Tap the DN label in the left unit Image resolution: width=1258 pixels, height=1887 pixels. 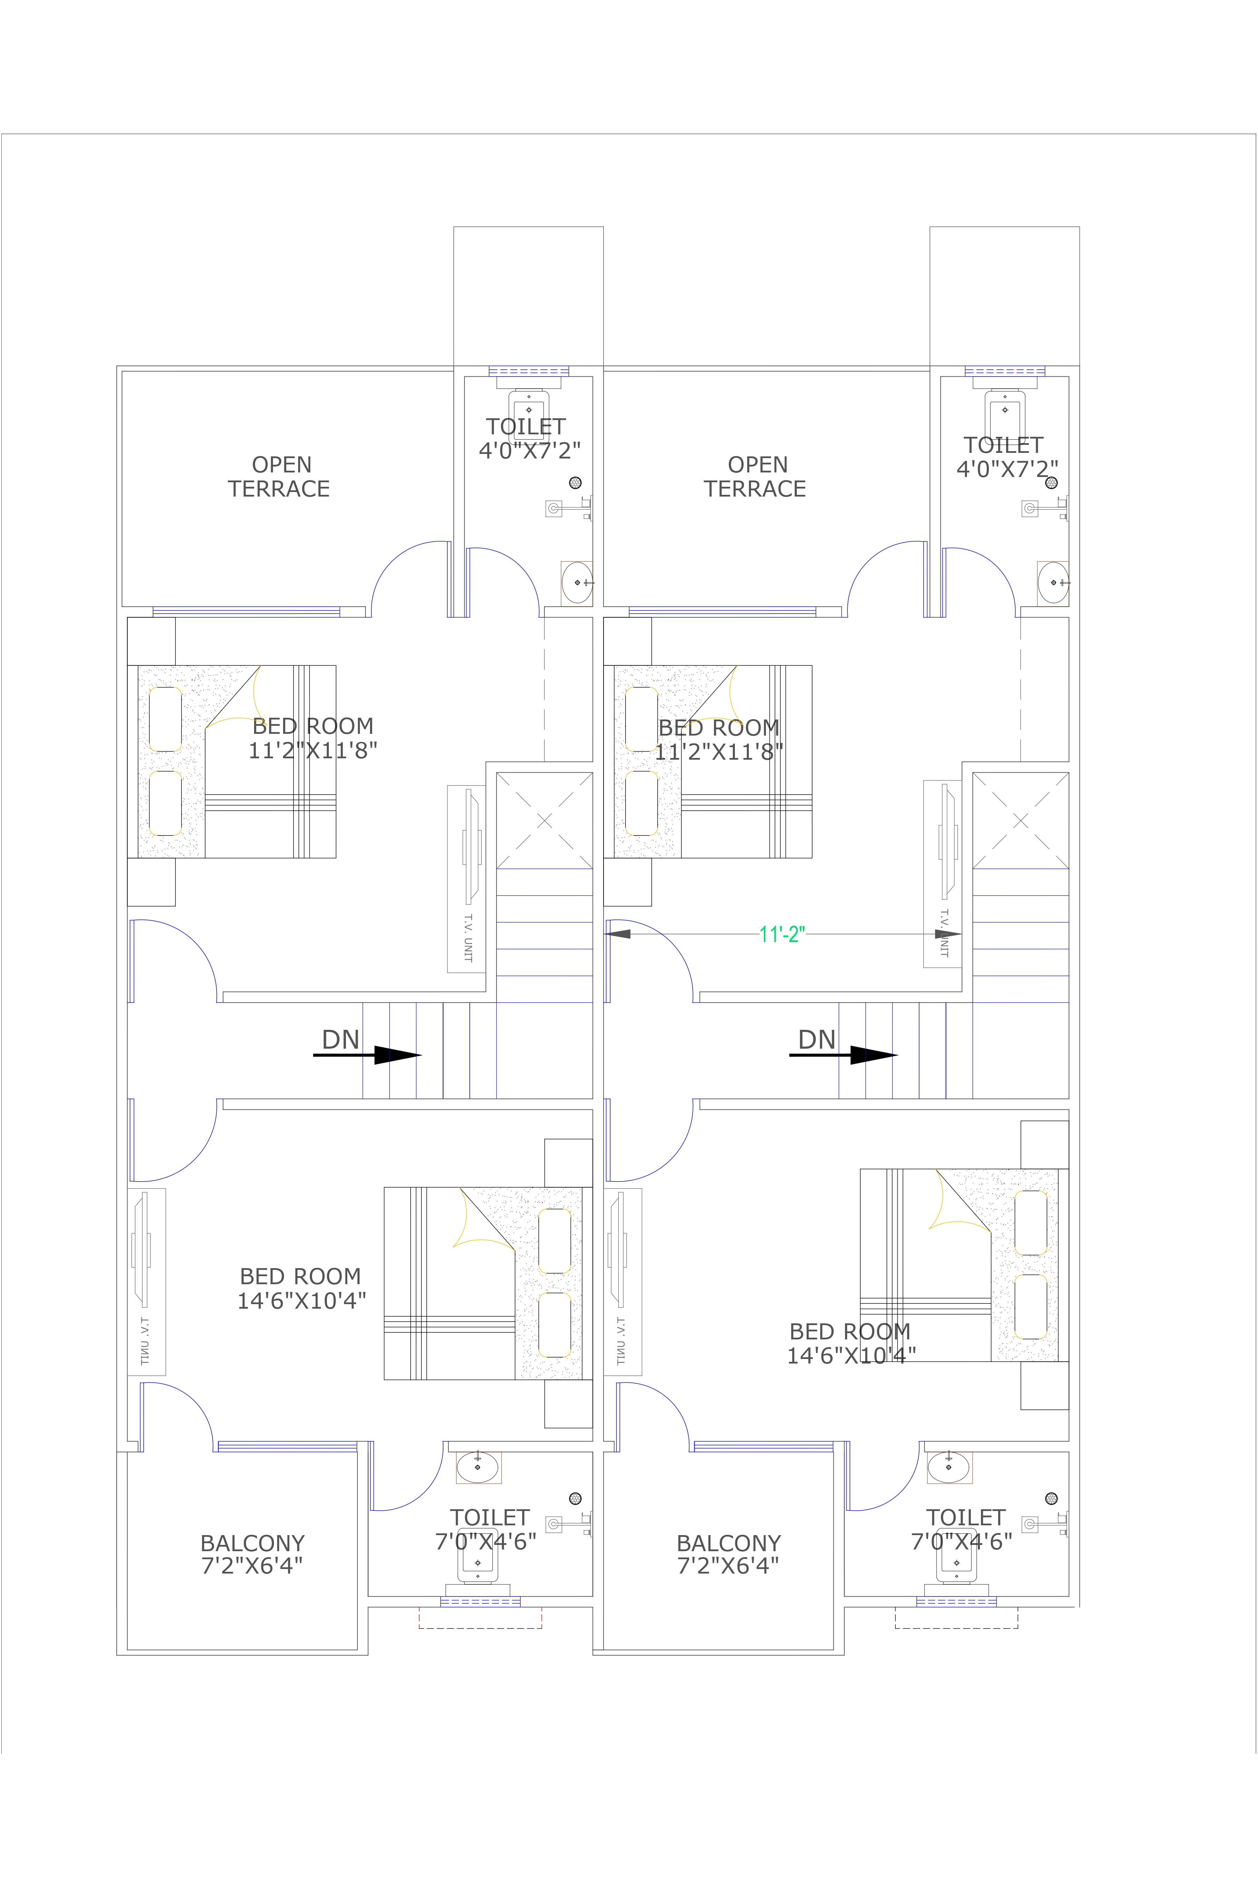click(x=340, y=1040)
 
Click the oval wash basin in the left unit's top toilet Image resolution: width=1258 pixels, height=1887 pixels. click(x=577, y=583)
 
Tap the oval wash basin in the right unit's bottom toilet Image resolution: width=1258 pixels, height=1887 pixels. click(x=948, y=1467)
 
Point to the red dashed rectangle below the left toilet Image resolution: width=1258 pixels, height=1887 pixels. click(x=480, y=1618)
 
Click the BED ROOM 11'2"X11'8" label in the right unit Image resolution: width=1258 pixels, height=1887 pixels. click(x=719, y=740)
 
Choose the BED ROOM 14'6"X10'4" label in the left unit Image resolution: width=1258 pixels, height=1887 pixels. click(x=301, y=1288)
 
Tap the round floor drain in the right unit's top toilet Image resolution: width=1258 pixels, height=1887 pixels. click(x=1051, y=482)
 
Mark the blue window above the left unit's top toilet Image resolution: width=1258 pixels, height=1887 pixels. click(x=529, y=371)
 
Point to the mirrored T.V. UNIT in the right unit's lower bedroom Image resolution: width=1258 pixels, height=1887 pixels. click(x=623, y=1281)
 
